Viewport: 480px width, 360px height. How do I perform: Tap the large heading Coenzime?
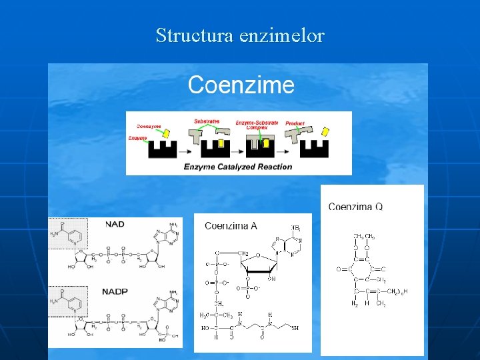[x=241, y=85]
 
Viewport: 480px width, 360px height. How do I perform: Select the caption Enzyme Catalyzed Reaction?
[x=238, y=166]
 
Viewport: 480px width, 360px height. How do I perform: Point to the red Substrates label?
[x=207, y=121]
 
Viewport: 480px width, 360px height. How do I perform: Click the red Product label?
[x=295, y=123]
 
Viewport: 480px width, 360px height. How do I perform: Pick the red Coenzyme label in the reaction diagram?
[x=149, y=126]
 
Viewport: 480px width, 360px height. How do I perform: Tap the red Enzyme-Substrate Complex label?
[x=257, y=125]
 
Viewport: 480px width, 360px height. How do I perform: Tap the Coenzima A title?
[x=231, y=226]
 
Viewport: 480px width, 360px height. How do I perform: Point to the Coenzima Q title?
[x=355, y=206]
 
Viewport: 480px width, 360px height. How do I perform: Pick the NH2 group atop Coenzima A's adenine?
[x=296, y=229]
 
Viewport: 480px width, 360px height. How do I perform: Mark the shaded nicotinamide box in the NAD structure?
[x=69, y=234]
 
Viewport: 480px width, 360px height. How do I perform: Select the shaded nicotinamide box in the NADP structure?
[x=69, y=301]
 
